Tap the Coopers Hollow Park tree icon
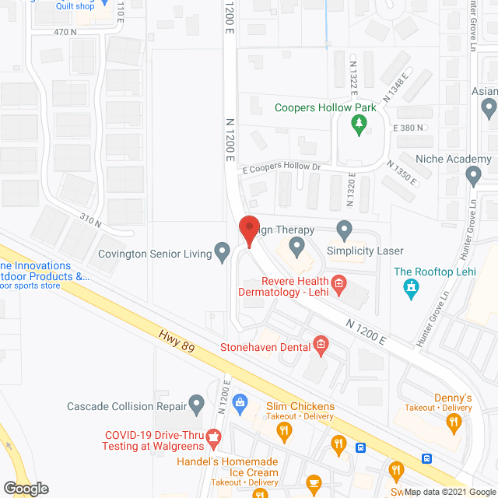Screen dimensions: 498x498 click(359, 124)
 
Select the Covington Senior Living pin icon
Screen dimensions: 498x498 click(223, 251)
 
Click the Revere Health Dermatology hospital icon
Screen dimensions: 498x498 click(338, 284)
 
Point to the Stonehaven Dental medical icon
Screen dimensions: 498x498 click(321, 343)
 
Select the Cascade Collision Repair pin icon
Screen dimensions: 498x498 click(197, 404)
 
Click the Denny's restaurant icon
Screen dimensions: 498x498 click(454, 423)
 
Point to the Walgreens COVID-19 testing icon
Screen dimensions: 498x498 click(212, 443)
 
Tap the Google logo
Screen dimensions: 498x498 click(25, 488)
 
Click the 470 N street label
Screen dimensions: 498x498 click(65, 32)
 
